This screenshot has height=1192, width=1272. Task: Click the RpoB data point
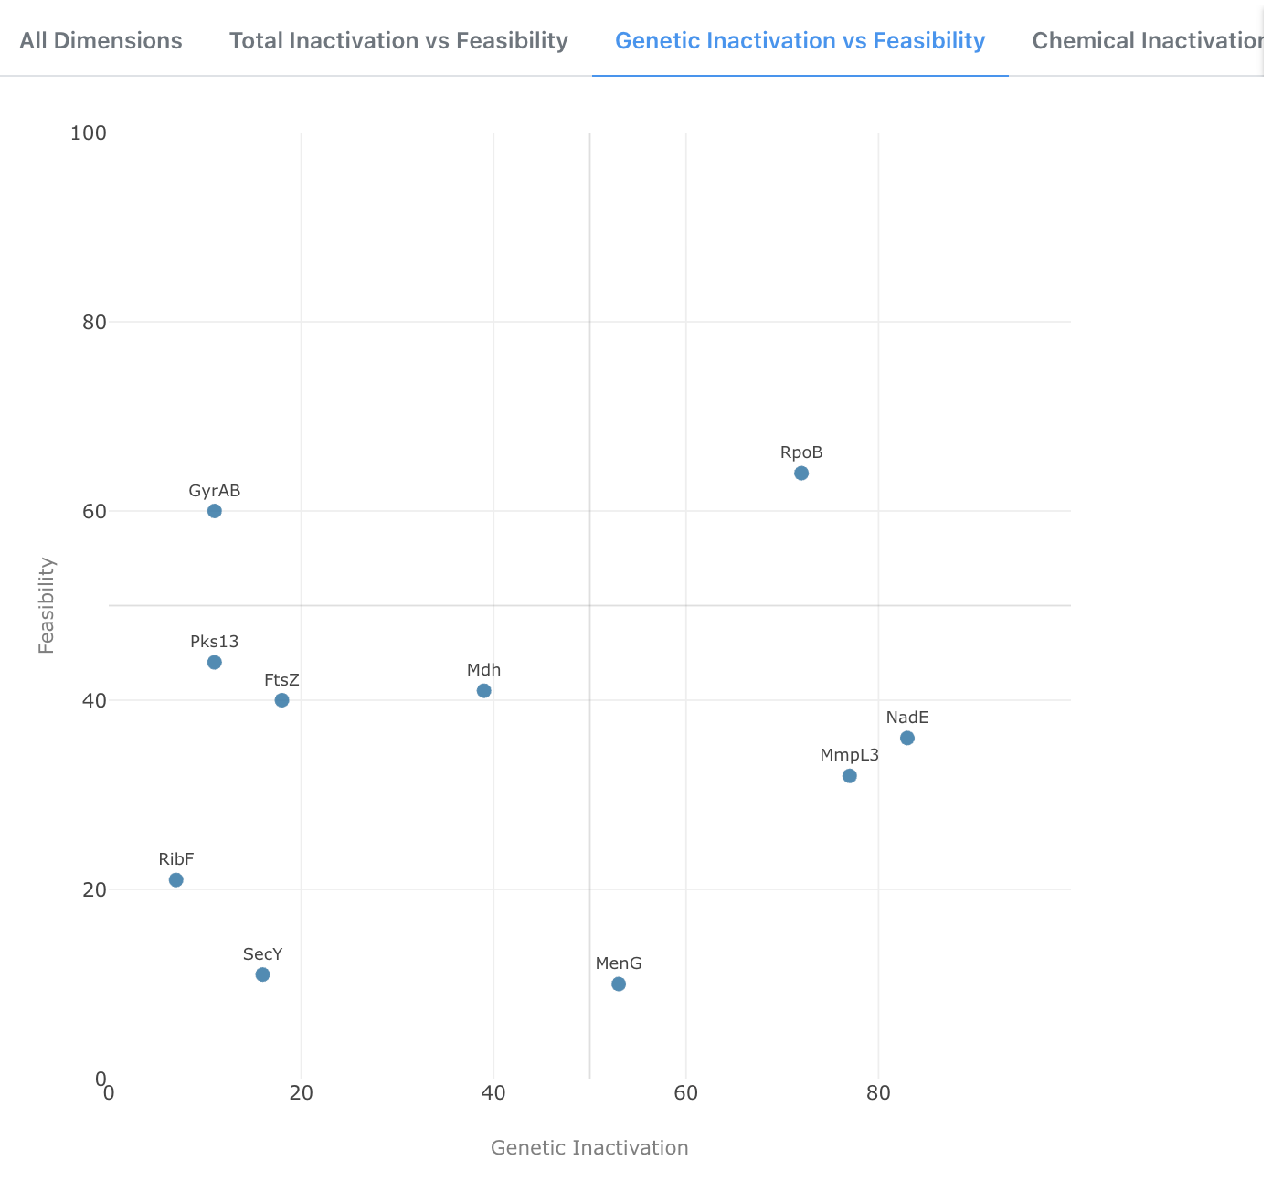point(801,473)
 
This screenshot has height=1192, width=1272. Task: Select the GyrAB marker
point(215,511)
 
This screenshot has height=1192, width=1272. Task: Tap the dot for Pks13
point(215,662)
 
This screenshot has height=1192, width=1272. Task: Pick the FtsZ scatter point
point(282,700)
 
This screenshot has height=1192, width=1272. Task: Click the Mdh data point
point(484,690)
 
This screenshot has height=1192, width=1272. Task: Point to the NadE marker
point(907,738)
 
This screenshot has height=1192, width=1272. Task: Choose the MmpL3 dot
point(850,776)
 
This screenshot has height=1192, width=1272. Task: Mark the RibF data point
point(176,879)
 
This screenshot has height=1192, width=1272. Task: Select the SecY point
point(263,974)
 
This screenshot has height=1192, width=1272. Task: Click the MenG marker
point(619,984)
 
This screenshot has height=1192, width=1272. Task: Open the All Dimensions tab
point(101,41)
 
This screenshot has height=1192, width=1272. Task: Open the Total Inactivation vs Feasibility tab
point(398,41)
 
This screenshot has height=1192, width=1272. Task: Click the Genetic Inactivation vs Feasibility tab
point(800,41)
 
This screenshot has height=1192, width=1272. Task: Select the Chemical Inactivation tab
point(1147,41)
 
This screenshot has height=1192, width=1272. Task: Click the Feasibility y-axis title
point(47,605)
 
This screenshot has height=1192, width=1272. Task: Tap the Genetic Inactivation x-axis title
point(589,1147)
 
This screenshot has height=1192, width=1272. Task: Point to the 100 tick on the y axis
point(89,133)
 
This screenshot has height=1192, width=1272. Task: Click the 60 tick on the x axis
point(686,1093)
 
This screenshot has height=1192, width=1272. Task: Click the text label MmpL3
point(849,755)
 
